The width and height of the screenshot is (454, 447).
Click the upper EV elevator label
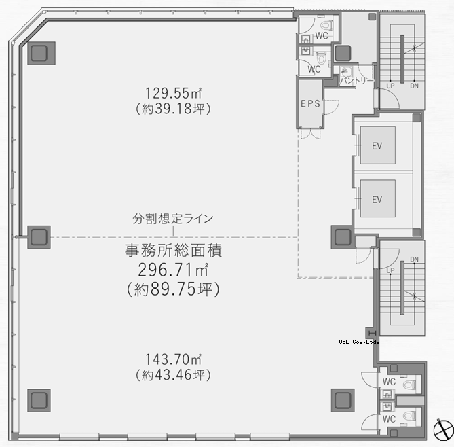click(377, 146)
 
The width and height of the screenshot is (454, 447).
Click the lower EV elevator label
click(377, 200)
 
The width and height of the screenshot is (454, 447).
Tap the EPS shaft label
click(310, 103)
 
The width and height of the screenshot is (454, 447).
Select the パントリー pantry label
click(357, 80)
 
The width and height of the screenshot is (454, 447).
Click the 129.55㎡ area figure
click(173, 93)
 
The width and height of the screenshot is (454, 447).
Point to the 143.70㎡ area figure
click(173, 359)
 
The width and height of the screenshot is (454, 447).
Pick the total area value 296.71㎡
click(173, 270)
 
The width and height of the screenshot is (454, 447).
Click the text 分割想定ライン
click(173, 219)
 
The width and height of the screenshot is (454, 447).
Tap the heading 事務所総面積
click(173, 251)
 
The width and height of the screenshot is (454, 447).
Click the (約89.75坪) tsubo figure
click(173, 289)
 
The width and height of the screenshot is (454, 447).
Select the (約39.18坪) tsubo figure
click(173, 109)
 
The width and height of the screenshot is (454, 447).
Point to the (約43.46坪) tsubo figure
click(173, 375)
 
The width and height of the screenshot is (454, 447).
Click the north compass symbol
click(443, 430)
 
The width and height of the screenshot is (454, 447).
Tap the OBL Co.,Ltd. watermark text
click(359, 342)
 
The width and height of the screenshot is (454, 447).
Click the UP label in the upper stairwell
click(390, 86)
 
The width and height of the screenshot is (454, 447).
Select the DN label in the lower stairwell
click(415, 260)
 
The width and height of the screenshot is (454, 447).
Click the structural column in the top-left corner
click(41, 53)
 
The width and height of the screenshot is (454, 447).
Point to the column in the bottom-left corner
click(39, 400)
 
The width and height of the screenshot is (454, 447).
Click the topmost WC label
click(322, 35)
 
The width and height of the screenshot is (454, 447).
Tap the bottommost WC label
click(389, 419)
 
